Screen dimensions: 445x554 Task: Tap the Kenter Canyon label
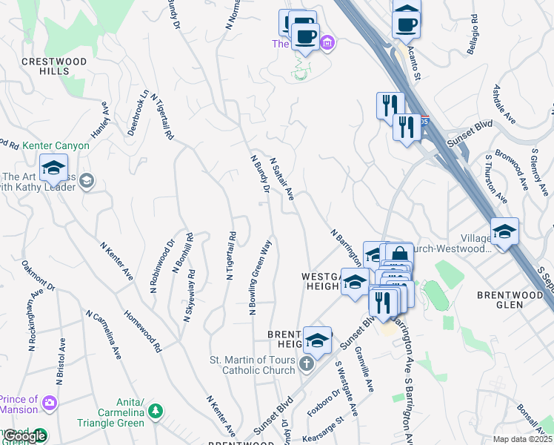tap(56, 146)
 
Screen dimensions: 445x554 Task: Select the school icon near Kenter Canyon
tap(53, 169)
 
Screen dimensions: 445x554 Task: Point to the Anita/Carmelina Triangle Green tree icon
tap(156, 410)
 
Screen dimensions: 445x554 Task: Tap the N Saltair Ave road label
tap(283, 179)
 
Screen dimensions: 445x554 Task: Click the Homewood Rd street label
tap(143, 331)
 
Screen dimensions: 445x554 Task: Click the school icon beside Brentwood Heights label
tap(317, 341)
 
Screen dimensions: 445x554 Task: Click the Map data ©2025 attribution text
tap(522, 439)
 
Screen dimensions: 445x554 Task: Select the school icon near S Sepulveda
tap(504, 232)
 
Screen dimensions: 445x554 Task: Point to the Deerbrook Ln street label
tap(138, 112)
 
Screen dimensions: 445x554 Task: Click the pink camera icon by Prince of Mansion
tap(50, 403)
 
